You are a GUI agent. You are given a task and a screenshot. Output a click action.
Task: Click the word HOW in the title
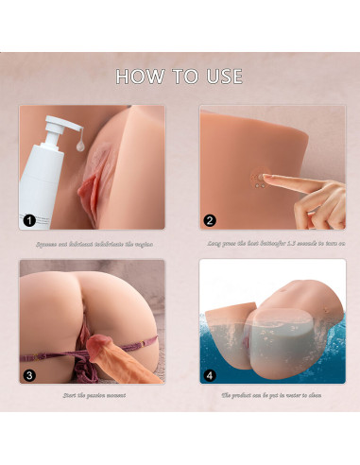(x=140, y=76)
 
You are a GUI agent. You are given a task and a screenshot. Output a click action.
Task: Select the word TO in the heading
(x=179, y=76)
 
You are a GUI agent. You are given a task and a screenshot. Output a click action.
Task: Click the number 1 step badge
(x=30, y=221)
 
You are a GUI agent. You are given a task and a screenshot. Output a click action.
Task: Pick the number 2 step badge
(x=210, y=221)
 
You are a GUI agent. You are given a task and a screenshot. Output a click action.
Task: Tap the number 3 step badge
(x=30, y=375)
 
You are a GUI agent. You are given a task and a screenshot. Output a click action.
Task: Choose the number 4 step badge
(x=210, y=375)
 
